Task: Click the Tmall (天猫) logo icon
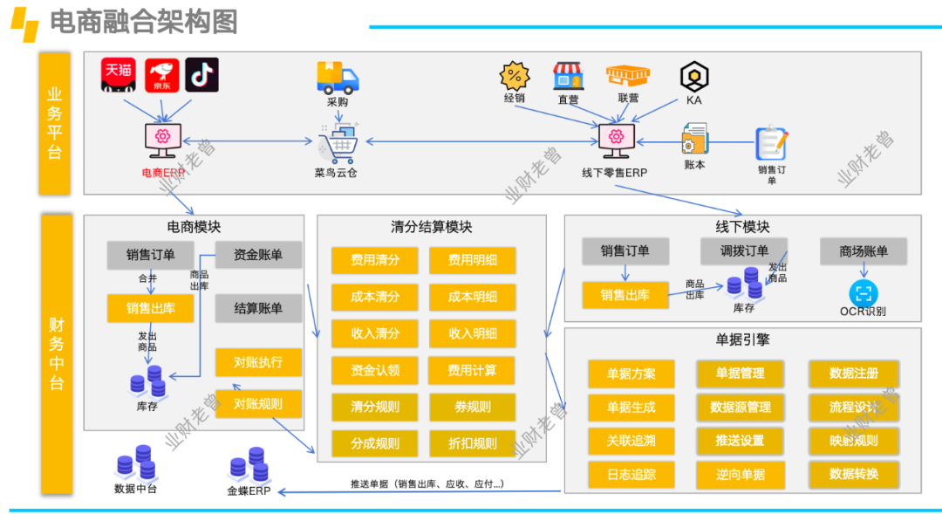118,74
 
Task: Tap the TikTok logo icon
202,75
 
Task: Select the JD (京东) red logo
161,75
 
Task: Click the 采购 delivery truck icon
338,78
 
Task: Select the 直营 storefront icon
568,76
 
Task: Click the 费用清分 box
375,260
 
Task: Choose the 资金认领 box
375,371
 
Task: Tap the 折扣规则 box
473,443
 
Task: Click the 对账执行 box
258,361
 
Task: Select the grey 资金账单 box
258,255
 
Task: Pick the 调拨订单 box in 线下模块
745,251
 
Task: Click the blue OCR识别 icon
863,292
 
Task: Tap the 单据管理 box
740,374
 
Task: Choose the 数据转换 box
853,474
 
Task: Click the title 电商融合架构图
144,22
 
